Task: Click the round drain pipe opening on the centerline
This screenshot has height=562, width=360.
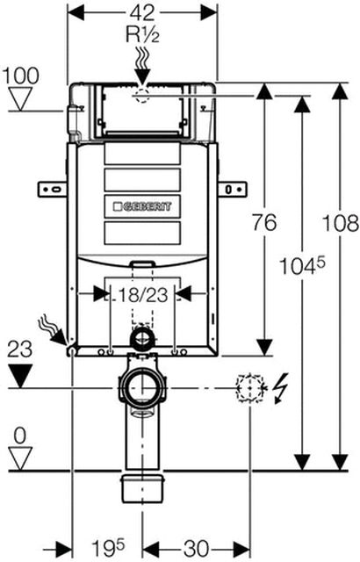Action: coord(141,386)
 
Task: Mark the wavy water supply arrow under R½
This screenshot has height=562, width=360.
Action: coord(141,68)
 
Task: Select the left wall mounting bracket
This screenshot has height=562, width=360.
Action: coord(50,186)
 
